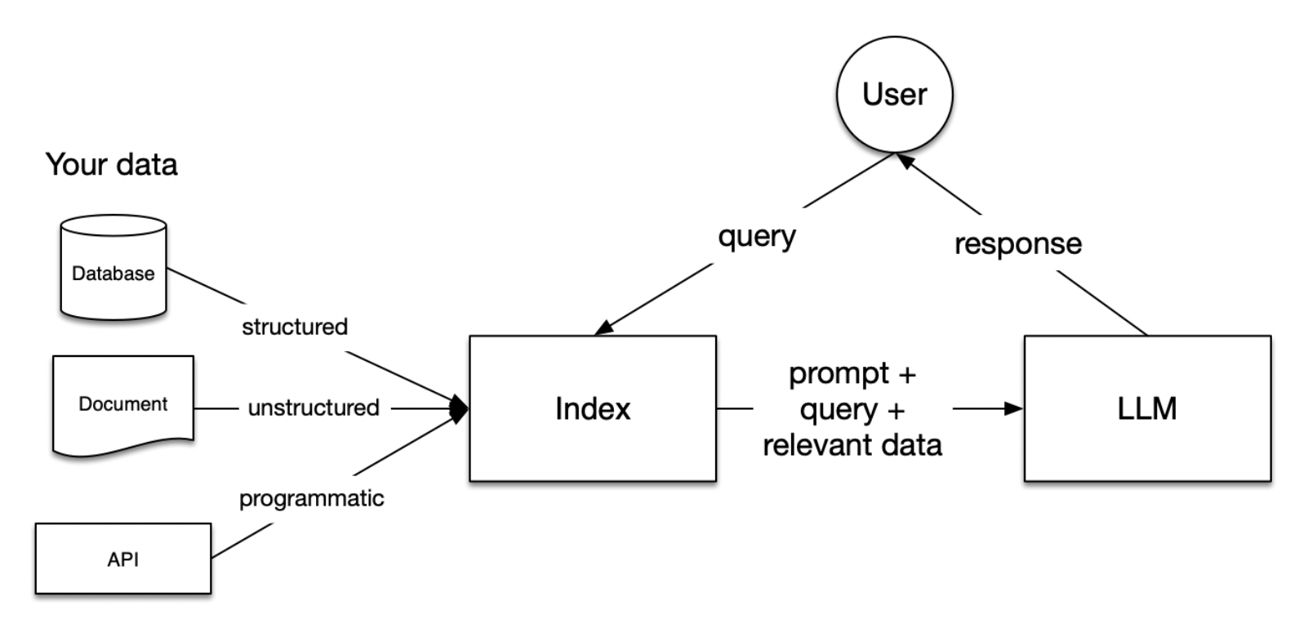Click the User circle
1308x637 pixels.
894,94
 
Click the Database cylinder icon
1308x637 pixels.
113,267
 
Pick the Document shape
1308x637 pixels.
122,404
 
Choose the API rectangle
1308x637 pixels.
122,559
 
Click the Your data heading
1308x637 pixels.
111,164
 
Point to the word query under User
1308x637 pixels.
756,236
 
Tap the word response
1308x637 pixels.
1017,243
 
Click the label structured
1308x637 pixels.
294,327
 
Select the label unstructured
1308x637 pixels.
314,408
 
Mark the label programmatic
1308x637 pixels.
311,498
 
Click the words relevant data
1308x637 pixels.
852,445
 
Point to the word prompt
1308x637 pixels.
839,374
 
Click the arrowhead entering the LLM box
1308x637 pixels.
1014,408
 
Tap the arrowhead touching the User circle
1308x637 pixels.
905,161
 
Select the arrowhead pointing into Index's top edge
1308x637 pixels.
604,327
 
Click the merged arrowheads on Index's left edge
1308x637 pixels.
460,408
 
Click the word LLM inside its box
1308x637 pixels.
1146,408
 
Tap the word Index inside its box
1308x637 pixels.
592,408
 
